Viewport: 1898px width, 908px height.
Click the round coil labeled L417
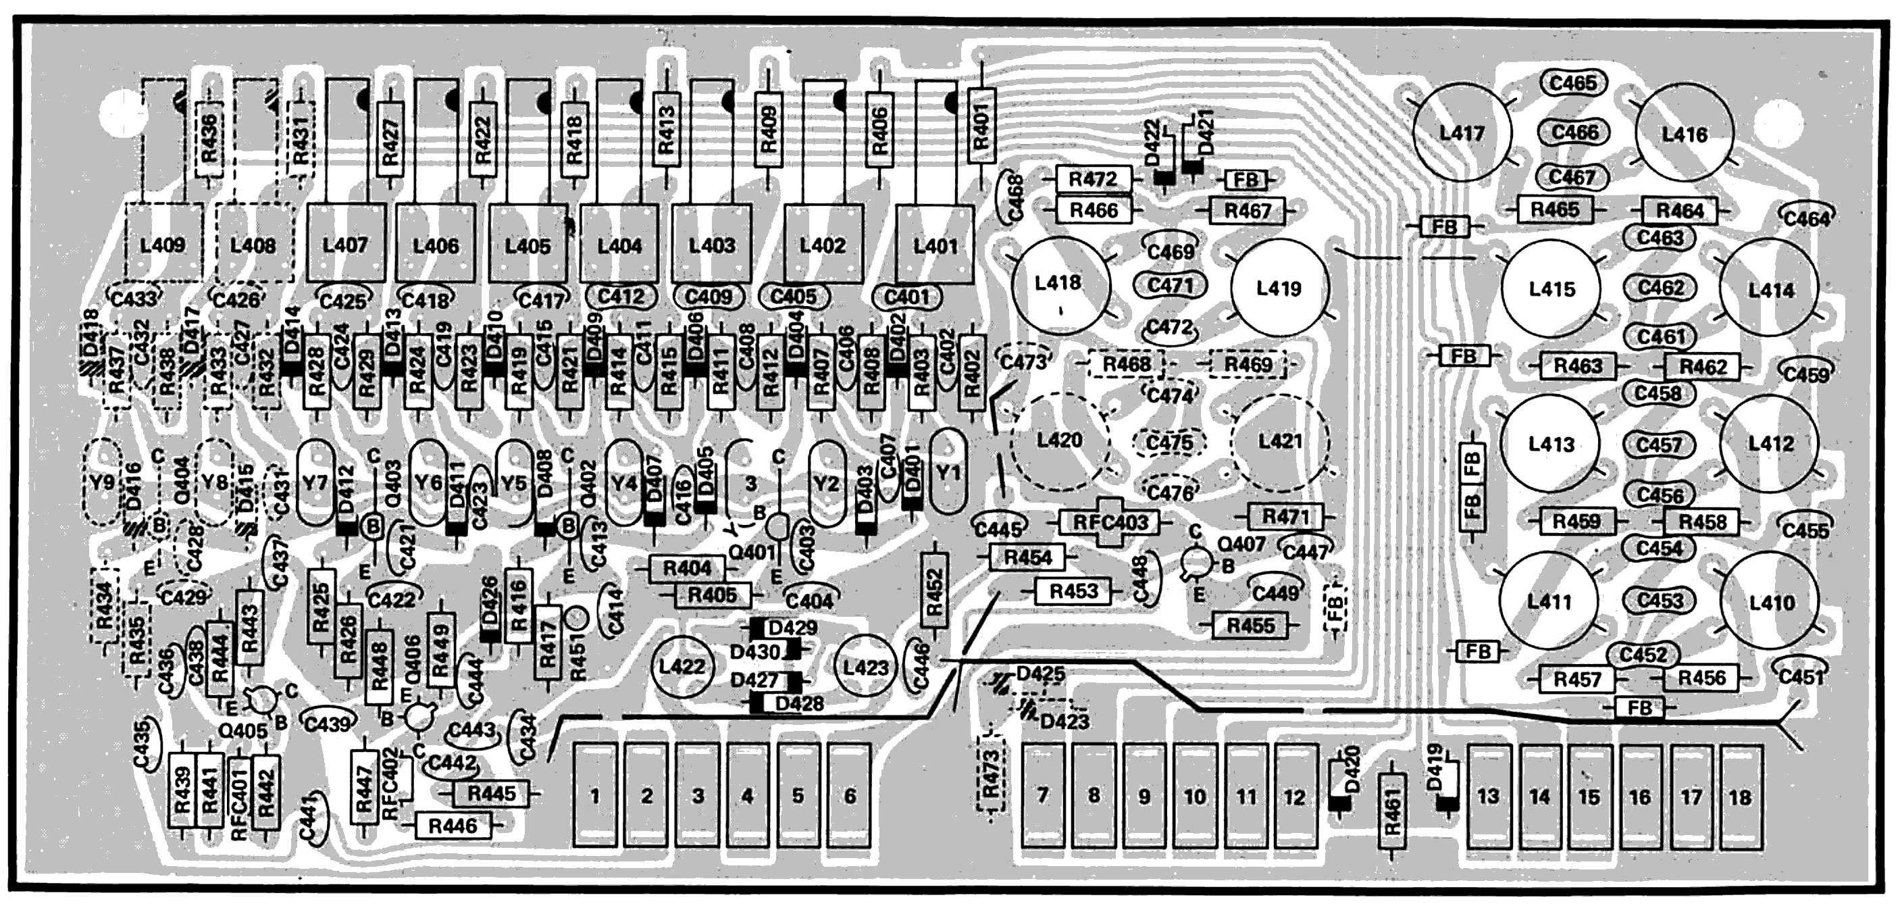[x=1462, y=133]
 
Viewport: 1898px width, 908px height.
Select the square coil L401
[x=935, y=245]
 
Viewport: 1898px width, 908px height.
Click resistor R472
[x=1093, y=179]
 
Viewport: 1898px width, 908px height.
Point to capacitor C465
[x=1572, y=83]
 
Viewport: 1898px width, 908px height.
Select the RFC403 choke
[x=1110, y=522]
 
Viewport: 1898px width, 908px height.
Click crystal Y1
[x=948, y=472]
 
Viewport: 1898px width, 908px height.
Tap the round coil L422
[x=682, y=667]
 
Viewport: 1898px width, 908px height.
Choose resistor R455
[x=1250, y=626]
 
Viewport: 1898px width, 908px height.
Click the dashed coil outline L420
[x=1060, y=440]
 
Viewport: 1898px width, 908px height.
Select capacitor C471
[x=1170, y=285]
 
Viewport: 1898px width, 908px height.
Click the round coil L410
[x=1770, y=603]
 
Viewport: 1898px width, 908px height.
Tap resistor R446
[x=453, y=826]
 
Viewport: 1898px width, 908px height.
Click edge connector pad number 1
[x=594, y=796]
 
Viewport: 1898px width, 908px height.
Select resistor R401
[x=981, y=125]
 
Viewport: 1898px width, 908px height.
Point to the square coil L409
[x=163, y=245]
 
